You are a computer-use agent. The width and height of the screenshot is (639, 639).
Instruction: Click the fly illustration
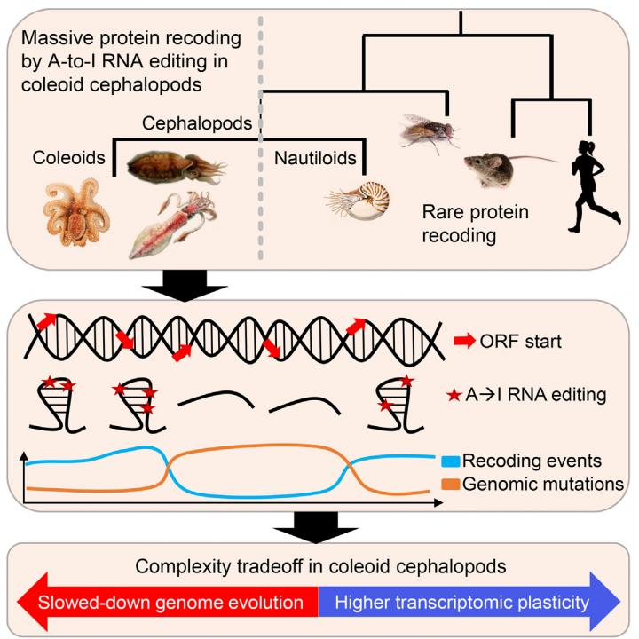click(430, 130)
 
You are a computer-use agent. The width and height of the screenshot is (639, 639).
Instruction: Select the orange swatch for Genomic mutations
click(451, 485)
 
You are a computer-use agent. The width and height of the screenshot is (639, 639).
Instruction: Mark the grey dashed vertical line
click(260, 133)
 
